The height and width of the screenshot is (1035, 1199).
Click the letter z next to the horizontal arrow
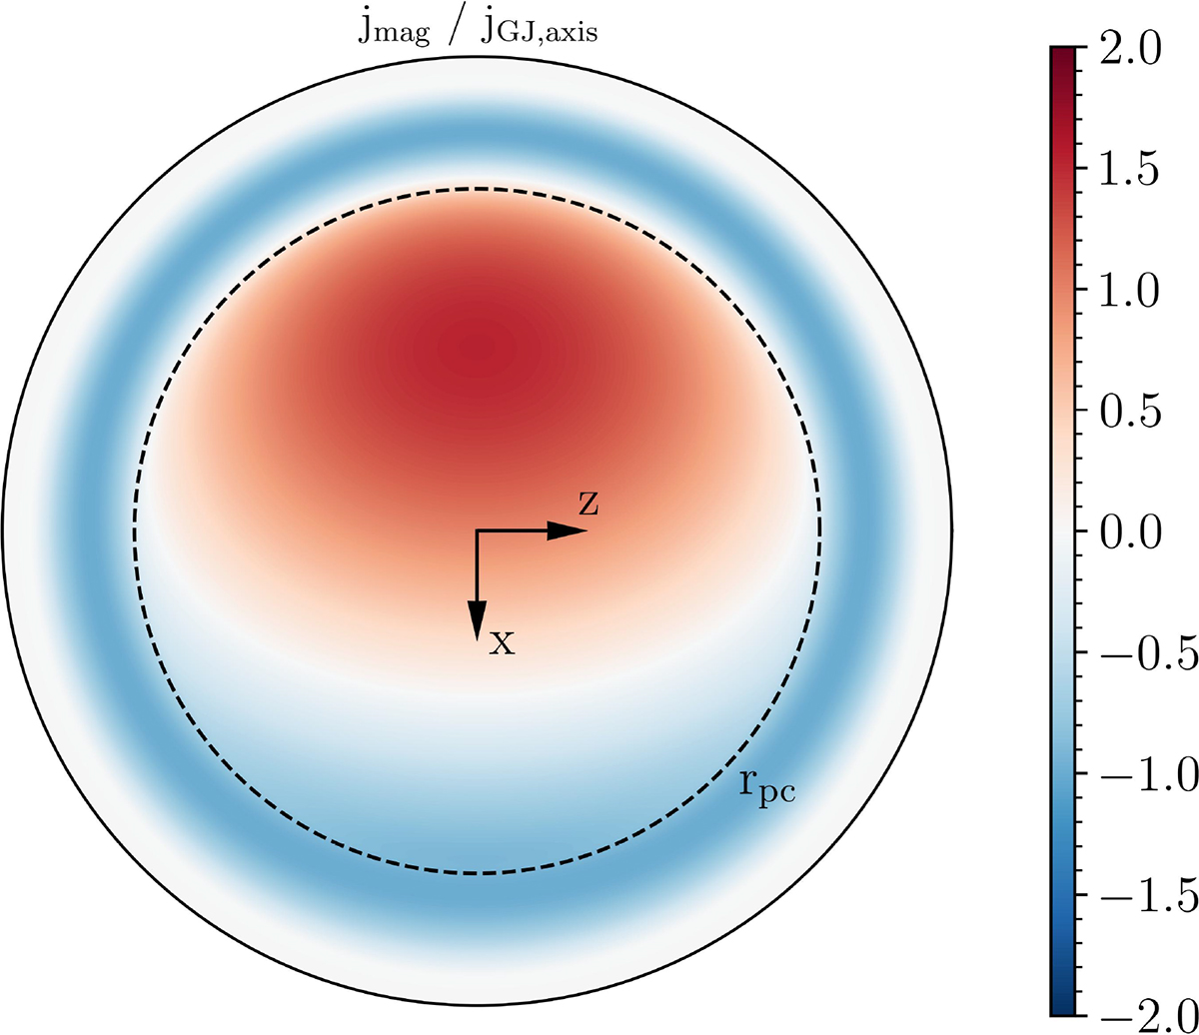(x=590, y=506)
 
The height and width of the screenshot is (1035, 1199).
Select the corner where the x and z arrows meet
(x=478, y=531)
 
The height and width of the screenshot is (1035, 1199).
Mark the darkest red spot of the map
(x=481, y=350)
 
